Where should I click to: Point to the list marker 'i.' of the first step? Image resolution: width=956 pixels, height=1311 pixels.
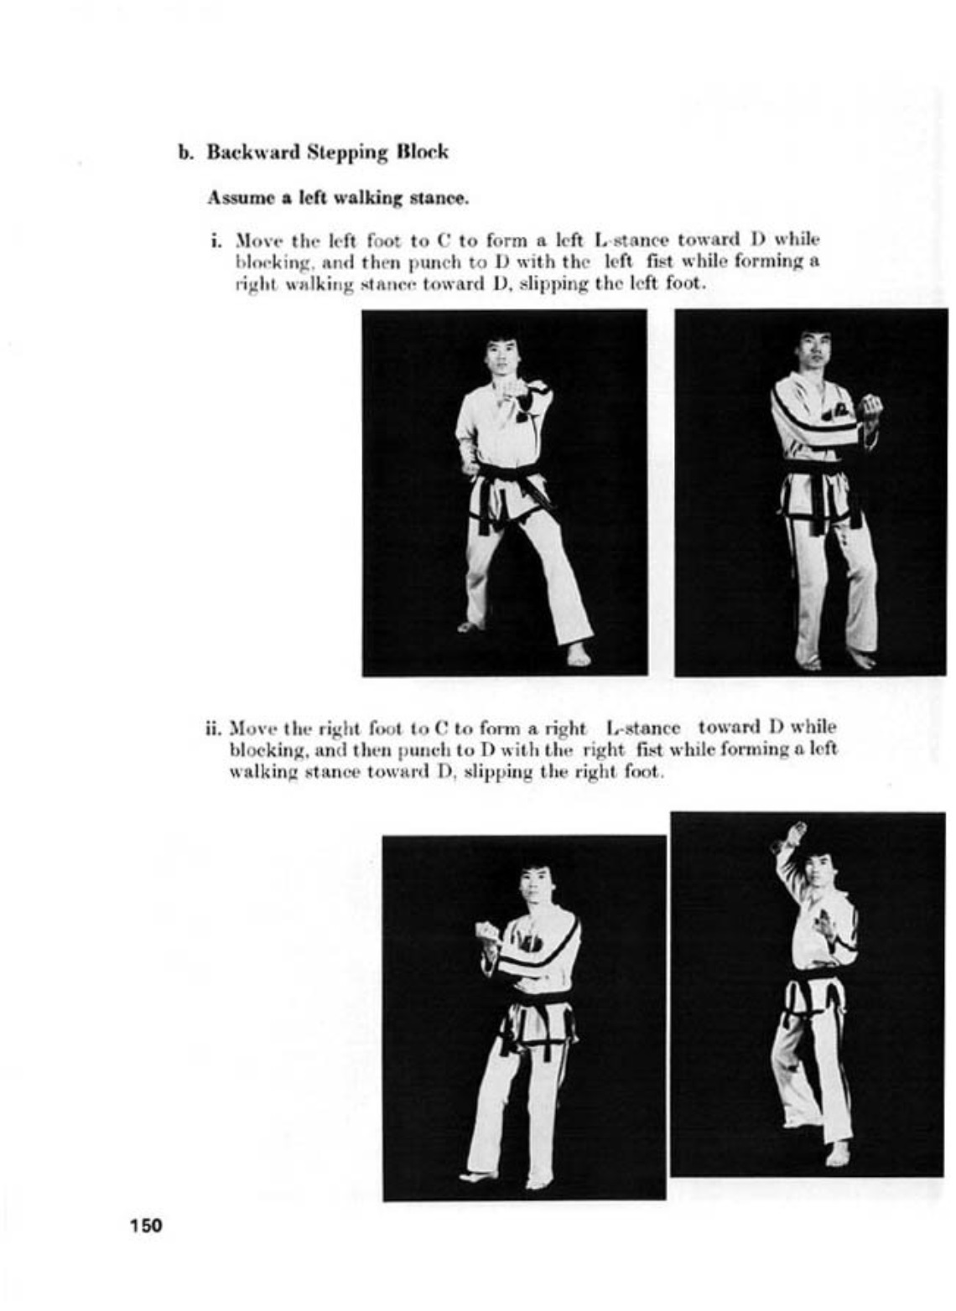[x=216, y=241]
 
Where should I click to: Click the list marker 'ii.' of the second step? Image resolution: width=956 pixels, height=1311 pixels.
[x=214, y=727]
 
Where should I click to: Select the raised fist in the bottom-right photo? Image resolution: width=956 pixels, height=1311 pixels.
[x=793, y=833]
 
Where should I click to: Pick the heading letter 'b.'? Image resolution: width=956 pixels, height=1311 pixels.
[x=185, y=153]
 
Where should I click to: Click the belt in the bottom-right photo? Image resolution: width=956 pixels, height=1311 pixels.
[x=809, y=985]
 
